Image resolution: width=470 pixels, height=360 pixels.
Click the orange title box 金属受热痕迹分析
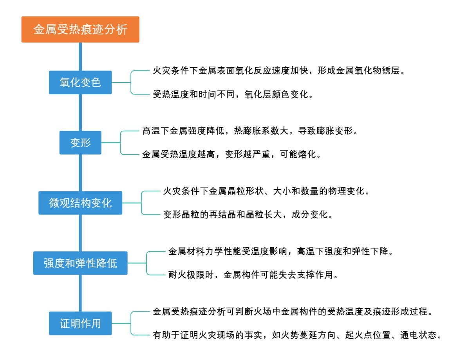pos(80,29)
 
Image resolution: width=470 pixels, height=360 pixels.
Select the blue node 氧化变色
pos(80,83)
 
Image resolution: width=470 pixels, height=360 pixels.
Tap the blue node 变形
pos(80,143)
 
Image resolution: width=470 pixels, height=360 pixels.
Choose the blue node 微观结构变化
pos(80,203)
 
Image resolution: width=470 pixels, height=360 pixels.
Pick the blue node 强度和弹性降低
pos(80,263)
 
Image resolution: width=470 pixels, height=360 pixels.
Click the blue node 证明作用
pos(80,323)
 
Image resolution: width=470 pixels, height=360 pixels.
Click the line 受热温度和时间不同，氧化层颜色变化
pos(233,95)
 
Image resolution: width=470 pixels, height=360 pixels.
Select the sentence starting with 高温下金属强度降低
pos(249,131)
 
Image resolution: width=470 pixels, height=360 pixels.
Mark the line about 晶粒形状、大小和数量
pos(266,191)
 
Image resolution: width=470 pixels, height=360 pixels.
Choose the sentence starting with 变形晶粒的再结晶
pos(248,215)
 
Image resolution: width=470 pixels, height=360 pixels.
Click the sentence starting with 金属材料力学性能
pos(280,251)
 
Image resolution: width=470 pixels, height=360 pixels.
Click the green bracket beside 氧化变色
pos(131,83)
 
